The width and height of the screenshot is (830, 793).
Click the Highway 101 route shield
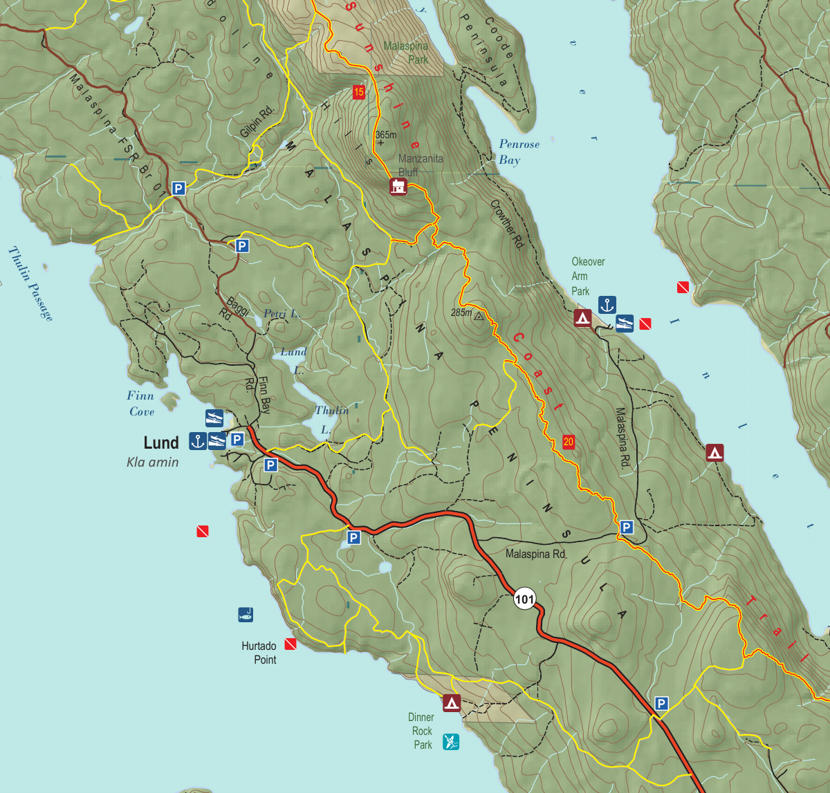[525, 598]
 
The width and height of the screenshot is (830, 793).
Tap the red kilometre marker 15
[358, 92]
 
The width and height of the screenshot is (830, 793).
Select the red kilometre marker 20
[569, 442]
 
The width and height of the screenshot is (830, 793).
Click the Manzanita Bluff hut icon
[398, 187]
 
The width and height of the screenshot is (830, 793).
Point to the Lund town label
[161, 442]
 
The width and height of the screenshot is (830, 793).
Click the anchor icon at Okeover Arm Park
[607, 305]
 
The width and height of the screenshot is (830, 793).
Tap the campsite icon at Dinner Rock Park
[452, 703]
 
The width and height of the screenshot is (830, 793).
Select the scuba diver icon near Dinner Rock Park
[451, 742]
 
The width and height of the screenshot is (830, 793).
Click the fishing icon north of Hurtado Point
[245, 614]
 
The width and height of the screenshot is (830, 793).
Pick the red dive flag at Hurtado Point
[290, 644]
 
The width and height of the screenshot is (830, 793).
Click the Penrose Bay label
[519, 152]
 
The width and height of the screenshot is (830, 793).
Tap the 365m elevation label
[386, 135]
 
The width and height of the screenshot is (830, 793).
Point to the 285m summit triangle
[479, 317]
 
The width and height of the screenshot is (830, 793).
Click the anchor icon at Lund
[198, 440]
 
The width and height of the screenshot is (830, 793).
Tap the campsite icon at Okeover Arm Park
[582, 318]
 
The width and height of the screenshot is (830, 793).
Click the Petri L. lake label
[282, 314]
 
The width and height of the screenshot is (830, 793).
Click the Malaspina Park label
[406, 53]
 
